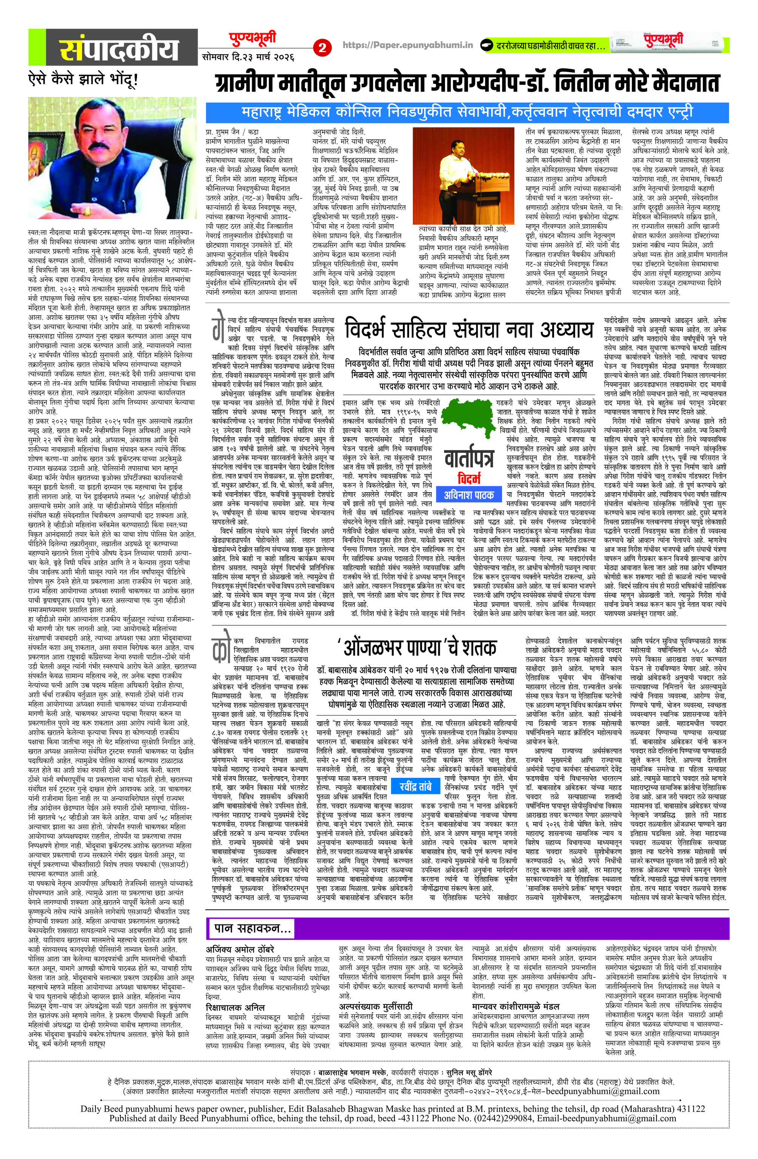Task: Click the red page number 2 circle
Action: coord(322,48)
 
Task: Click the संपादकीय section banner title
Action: coord(120,49)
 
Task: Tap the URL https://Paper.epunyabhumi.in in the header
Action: coord(408,45)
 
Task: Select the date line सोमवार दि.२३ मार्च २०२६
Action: coord(248,57)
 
